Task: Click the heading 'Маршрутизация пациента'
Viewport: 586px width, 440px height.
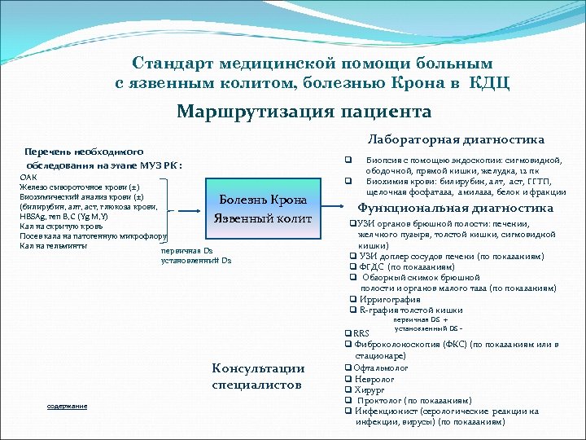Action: coord(304,111)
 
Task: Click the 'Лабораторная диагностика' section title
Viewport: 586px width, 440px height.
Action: coord(456,139)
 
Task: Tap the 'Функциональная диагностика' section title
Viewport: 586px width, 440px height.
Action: coord(455,209)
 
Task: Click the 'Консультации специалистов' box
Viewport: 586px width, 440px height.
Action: coord(258,376)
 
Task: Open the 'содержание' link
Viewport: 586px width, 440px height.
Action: coord(68,406)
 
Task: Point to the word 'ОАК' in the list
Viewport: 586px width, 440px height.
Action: coord(28,177)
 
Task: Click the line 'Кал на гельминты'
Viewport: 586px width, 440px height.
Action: coord(54,245)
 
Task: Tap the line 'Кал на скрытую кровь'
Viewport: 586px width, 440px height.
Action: coord(61,226)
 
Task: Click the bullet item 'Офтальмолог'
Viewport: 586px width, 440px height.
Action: coord(382,368)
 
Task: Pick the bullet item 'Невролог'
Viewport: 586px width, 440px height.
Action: coord(375,379)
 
